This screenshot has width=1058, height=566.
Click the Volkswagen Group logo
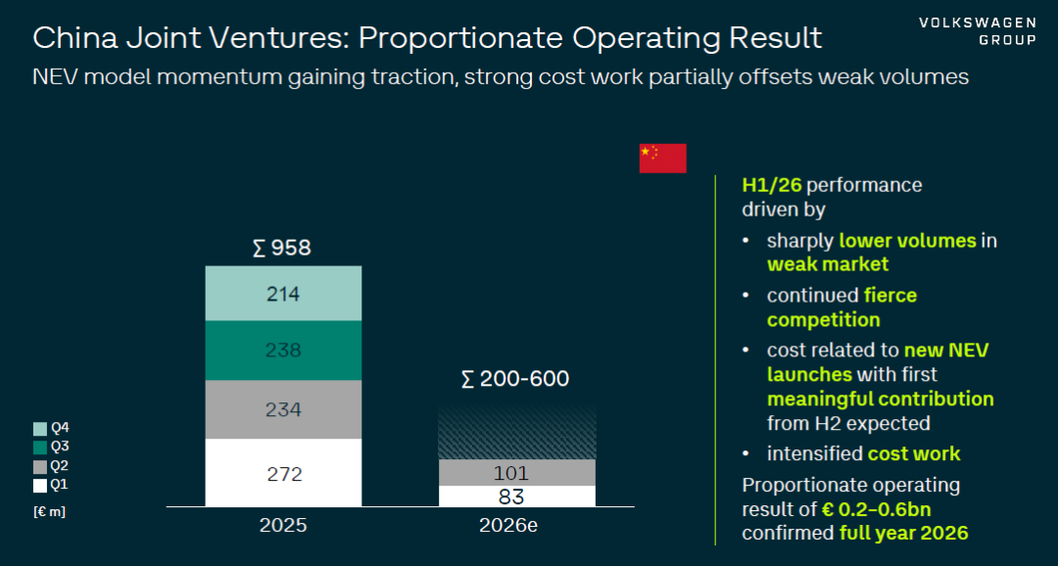coord(977,31)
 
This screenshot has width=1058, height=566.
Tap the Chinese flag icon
coord(662,158)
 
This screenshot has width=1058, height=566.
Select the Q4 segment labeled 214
coord(283,294)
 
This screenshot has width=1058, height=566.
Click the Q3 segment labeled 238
coord(283,351)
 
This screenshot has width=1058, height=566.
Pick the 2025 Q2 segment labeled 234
coord(283,409)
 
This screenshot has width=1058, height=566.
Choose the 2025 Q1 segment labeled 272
coord(283,472)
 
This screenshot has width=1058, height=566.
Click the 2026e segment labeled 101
coord(517,472)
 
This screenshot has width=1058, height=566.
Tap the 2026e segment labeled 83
coord(517,495)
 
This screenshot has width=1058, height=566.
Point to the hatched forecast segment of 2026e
coord(517,433)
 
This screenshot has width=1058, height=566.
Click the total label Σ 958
coord(282,249)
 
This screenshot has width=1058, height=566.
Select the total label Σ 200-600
coord(515,379)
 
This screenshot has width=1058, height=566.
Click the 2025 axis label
coord(283,526)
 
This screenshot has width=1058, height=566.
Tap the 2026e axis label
coord(508,526)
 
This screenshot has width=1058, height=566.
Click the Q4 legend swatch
coord(40,428)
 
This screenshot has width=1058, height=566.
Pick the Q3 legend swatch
coord(40,448)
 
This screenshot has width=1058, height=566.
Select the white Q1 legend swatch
coord(40,486)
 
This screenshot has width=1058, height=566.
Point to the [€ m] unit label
coord(49,512)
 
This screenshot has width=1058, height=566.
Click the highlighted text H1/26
coord(772,185)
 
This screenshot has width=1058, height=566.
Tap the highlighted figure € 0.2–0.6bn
coord(877,508)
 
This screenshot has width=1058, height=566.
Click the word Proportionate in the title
coord(460,38)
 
